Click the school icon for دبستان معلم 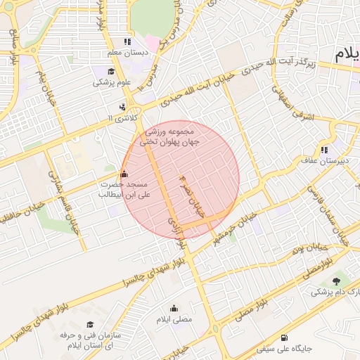127,41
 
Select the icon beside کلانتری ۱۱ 123,107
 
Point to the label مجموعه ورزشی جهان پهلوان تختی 172,136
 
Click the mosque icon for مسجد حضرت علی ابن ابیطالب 124,174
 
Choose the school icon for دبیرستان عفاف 324,150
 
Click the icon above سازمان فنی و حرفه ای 90,324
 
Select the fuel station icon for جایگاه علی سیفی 284,337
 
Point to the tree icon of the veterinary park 344,281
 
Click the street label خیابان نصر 193,200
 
